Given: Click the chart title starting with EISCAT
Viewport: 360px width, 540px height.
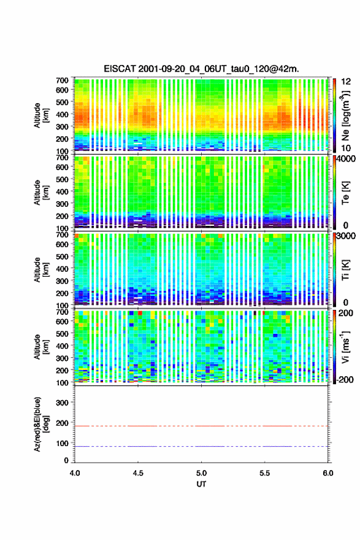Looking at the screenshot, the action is point(201,69).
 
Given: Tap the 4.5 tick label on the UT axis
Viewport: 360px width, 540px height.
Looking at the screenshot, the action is point(138,473).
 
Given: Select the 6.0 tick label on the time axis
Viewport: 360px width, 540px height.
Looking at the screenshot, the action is point(328,473).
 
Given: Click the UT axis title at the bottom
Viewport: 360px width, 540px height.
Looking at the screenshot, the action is point(201,484).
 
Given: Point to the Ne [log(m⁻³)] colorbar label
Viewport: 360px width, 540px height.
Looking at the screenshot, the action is point(345,115).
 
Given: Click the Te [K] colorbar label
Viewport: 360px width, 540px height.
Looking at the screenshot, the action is point(345,193).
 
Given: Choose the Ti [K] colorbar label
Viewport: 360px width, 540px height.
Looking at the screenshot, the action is point(345,269).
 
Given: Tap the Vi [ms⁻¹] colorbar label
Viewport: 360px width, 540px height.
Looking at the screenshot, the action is point(345,347).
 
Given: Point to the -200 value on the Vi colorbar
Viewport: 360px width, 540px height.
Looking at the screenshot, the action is point(343,379).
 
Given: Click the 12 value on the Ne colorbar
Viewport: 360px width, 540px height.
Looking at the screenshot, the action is point(346,82).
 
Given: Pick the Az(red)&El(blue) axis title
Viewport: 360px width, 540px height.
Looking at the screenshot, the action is point(40,424).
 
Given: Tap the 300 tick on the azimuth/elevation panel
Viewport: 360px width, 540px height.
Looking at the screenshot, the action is point(62,403).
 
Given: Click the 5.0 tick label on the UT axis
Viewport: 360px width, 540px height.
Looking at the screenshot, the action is point(201,473).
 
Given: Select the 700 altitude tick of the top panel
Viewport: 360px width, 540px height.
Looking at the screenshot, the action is point(62,80).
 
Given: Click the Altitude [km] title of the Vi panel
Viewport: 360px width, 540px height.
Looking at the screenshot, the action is point(41,347).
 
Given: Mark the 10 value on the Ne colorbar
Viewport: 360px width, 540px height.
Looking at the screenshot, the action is point(346,148).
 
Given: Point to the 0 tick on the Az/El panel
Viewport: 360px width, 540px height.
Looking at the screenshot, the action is point(66,460).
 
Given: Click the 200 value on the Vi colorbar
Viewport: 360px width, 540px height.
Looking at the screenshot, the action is point(345,313).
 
